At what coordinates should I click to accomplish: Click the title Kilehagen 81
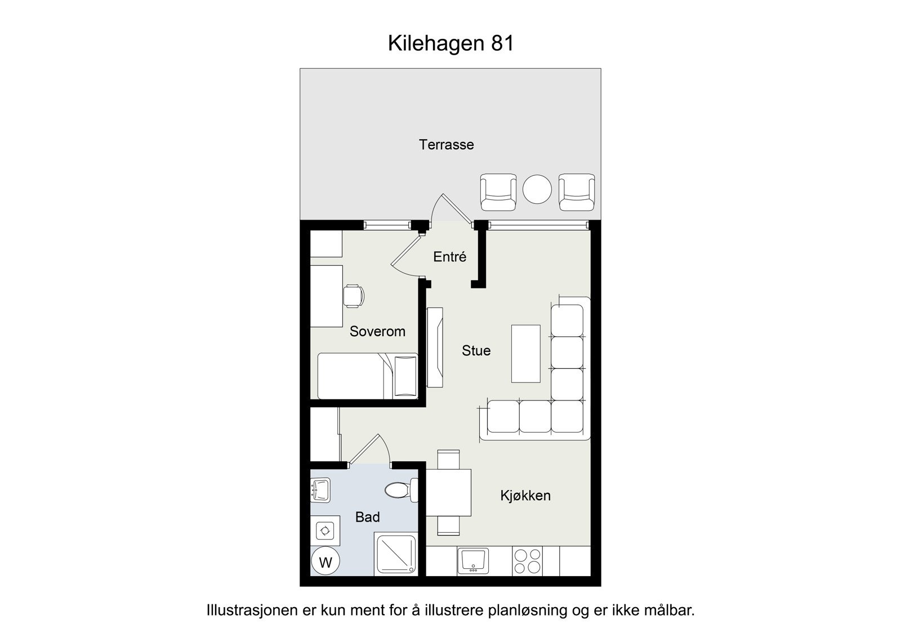pos(450,43)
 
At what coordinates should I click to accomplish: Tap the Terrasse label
pos(446,145)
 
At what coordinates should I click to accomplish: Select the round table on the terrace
pos(537,190)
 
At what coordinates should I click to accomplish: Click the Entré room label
pos(449,257)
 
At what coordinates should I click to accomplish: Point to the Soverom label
pos(377,331)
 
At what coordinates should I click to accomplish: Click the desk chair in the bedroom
pos(353,296)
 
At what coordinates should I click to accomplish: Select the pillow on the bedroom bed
pos(405,376)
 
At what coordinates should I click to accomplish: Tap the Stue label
pos(476,350)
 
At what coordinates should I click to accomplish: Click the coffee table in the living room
pos(525,354)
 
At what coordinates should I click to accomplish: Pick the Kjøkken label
pos(525,496)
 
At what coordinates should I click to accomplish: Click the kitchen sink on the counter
pos(472,561)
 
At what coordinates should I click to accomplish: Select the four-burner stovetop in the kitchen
pos(527,561)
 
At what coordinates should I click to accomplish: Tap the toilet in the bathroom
pos(400,490)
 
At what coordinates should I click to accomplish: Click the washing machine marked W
pos(325,562)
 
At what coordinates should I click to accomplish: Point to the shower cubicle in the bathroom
pos(395,555)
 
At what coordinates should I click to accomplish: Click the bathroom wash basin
pos(320,490)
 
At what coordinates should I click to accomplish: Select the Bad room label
pos(367,517)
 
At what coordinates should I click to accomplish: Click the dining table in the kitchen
pos(448,492)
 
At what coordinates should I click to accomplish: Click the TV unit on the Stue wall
pos(435,347)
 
